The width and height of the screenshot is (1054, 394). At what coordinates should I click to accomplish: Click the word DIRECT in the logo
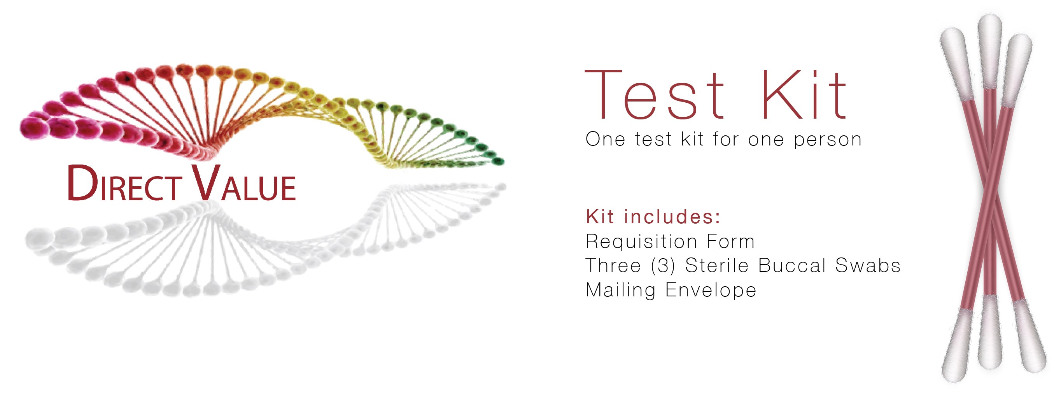[124, 184]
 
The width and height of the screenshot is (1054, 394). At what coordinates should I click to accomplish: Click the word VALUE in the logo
[244, 184]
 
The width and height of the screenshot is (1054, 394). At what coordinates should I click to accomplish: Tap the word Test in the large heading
[655, 95]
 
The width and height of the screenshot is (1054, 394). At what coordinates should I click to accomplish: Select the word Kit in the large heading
[803, 95]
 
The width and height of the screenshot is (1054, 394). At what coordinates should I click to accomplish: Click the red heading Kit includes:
[653, 217]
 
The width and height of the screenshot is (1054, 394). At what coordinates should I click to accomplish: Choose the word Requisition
[641, 242]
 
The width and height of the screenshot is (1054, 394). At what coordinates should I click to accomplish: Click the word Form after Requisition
[730, 242]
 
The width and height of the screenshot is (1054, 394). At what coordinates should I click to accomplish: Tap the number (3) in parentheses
[663, 266]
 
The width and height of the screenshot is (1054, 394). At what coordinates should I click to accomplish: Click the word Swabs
[868, 266]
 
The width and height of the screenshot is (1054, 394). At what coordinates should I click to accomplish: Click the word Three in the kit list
[613, 266]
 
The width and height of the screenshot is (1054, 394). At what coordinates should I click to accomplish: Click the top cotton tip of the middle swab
[990, 49]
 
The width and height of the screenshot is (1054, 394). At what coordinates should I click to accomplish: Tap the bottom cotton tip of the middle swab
[990, 331]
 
